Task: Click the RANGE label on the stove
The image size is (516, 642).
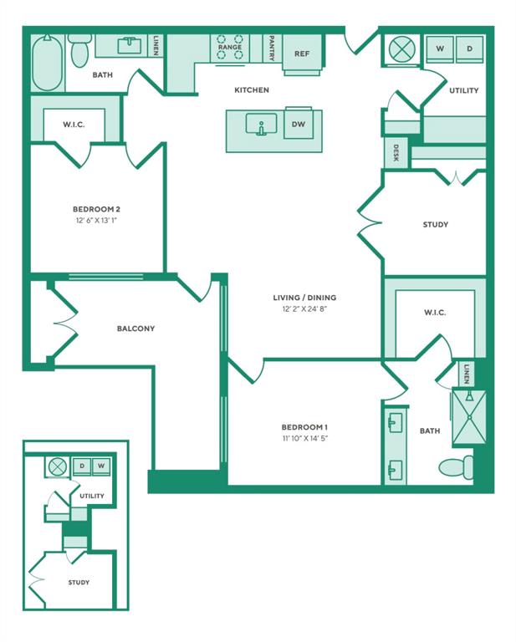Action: (230, 47)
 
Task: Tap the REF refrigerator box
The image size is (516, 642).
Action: (302, 53)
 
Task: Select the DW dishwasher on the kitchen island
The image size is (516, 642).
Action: (299, 124)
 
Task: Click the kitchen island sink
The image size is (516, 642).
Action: (261, 124)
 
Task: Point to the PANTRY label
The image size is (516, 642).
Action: (272, 48)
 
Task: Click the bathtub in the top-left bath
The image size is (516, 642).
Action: (48, 63)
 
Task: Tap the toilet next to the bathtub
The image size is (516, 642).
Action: (79, 50)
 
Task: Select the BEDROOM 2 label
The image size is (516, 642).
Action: (96, 209)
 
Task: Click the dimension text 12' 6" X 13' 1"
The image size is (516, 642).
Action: (96, 221)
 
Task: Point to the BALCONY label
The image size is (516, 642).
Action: (135, 329)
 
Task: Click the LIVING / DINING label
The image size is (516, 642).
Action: (304, 298)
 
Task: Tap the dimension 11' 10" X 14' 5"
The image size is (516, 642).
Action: (304, 439)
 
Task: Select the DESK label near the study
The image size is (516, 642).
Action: (396, 153)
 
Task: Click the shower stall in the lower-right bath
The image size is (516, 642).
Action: (469, 417)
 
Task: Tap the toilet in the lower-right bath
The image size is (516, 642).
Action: (457, 467)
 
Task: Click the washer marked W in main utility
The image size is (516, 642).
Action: (440, 48)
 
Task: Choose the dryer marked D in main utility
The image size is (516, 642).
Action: (470, 48)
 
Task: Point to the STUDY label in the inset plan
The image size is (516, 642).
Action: (79, 582)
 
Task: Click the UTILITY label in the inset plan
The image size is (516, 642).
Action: (92, 496)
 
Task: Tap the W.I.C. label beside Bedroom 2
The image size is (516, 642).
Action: (74, 125)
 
